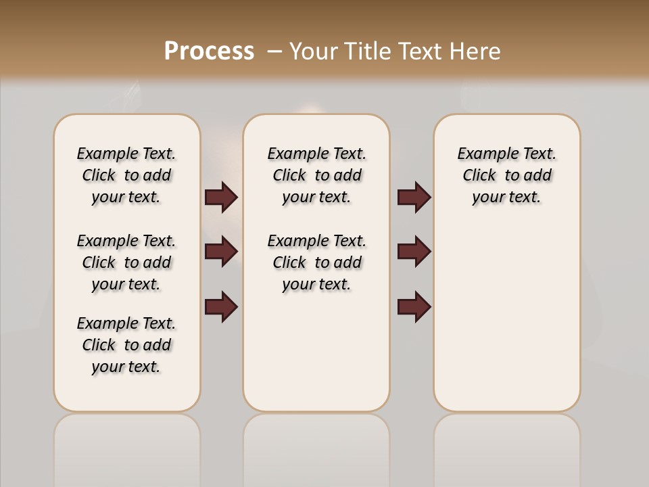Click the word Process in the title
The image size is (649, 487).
[x=209, y=51]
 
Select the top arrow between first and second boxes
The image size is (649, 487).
[x=221, y=197]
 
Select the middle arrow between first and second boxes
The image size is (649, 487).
[x=221, y=252]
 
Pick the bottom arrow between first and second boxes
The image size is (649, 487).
[x=221, y=306]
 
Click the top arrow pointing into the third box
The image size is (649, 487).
[x=414, y=197]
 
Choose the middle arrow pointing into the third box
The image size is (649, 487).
[x=414, y=252]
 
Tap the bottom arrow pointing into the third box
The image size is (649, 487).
[x=414, y=306]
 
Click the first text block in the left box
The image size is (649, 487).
[x=126, y=175]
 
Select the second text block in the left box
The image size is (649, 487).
[x=126, y=262]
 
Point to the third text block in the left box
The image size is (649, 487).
[x=126, y=345]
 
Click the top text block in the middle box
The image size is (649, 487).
[x=316, y=175]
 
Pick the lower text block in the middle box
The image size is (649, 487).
[x=316, y=262]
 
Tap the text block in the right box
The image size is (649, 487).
[x=507, y=175]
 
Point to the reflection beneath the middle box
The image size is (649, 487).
[x=316, y=450]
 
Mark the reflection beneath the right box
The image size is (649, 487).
[x=507, y=450]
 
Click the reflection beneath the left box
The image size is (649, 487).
[x=127, y=450]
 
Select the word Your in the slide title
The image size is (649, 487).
[x=314, y=51]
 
